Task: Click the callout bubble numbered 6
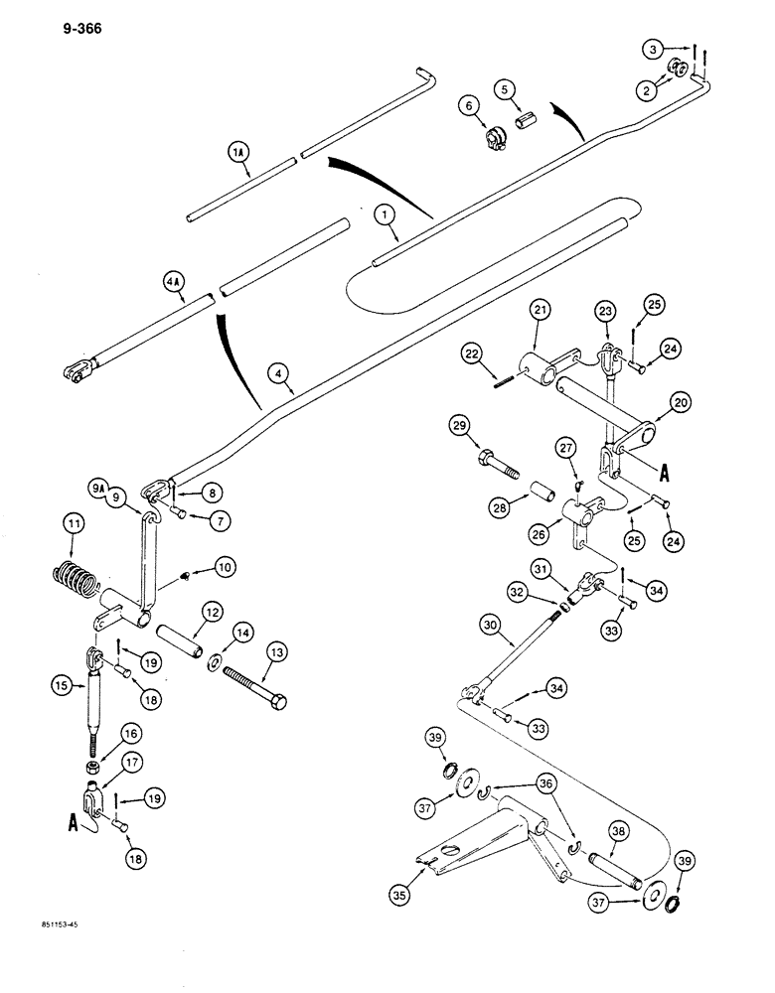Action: coord(467,104)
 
